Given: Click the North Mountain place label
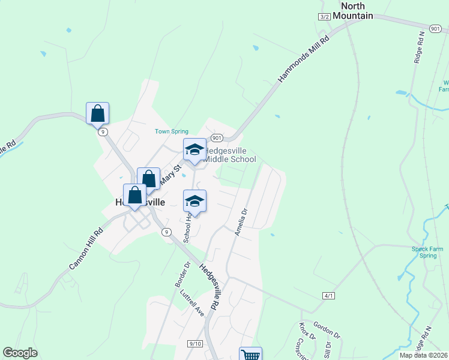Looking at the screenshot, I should click(357, 10).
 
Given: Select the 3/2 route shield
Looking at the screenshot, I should click(325, 17).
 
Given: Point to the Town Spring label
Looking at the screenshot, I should click(172, 131).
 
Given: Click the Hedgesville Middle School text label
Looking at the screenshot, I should click(231, 155).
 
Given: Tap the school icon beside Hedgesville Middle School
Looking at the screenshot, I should click(194, 151).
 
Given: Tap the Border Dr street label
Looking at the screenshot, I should click(182, 272).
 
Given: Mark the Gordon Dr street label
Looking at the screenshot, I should click(327, 329).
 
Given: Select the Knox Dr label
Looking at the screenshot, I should click(307, 331).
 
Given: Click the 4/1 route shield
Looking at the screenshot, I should click(328, 296).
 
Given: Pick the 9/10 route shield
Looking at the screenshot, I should click(194, 343).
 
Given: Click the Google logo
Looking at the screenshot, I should click(20, 353).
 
